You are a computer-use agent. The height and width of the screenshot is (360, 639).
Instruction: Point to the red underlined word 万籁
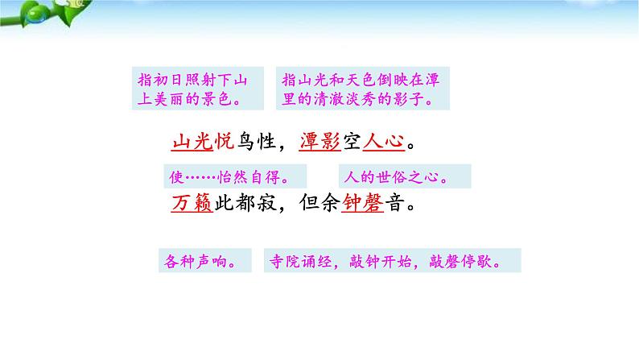[x=192, y=203]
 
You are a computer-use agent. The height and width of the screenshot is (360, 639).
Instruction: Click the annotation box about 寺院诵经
[x=392, y=260]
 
